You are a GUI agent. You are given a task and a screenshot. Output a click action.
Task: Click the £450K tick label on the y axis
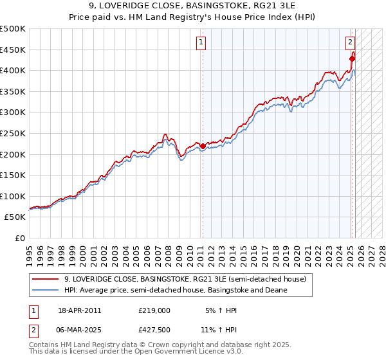point(13,50)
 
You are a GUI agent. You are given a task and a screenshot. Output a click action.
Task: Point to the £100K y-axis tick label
point(13,196)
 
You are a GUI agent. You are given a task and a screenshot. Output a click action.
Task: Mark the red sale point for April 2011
point(203,147)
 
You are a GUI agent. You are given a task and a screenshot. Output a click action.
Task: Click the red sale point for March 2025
point(352,59)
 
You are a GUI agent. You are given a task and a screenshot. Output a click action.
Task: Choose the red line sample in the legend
point(46,279)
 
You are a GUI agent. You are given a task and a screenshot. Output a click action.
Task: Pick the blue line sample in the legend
point(46,290)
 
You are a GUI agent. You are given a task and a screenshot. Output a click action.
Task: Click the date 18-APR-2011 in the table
point(79,310)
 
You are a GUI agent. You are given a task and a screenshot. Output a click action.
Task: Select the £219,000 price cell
point(154,310)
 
